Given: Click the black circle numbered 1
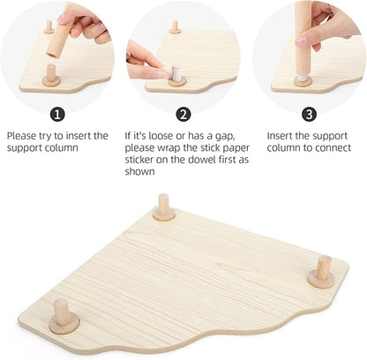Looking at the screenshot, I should pyautogui.click(x=57, y=115).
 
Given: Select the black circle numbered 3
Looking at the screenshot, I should pyautogui.click(x=308, y=115).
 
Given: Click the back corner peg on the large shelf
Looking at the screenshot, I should pyautogui.click(x=162, y=207).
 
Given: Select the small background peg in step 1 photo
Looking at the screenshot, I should pyautogui.click(x=49, y=26).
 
